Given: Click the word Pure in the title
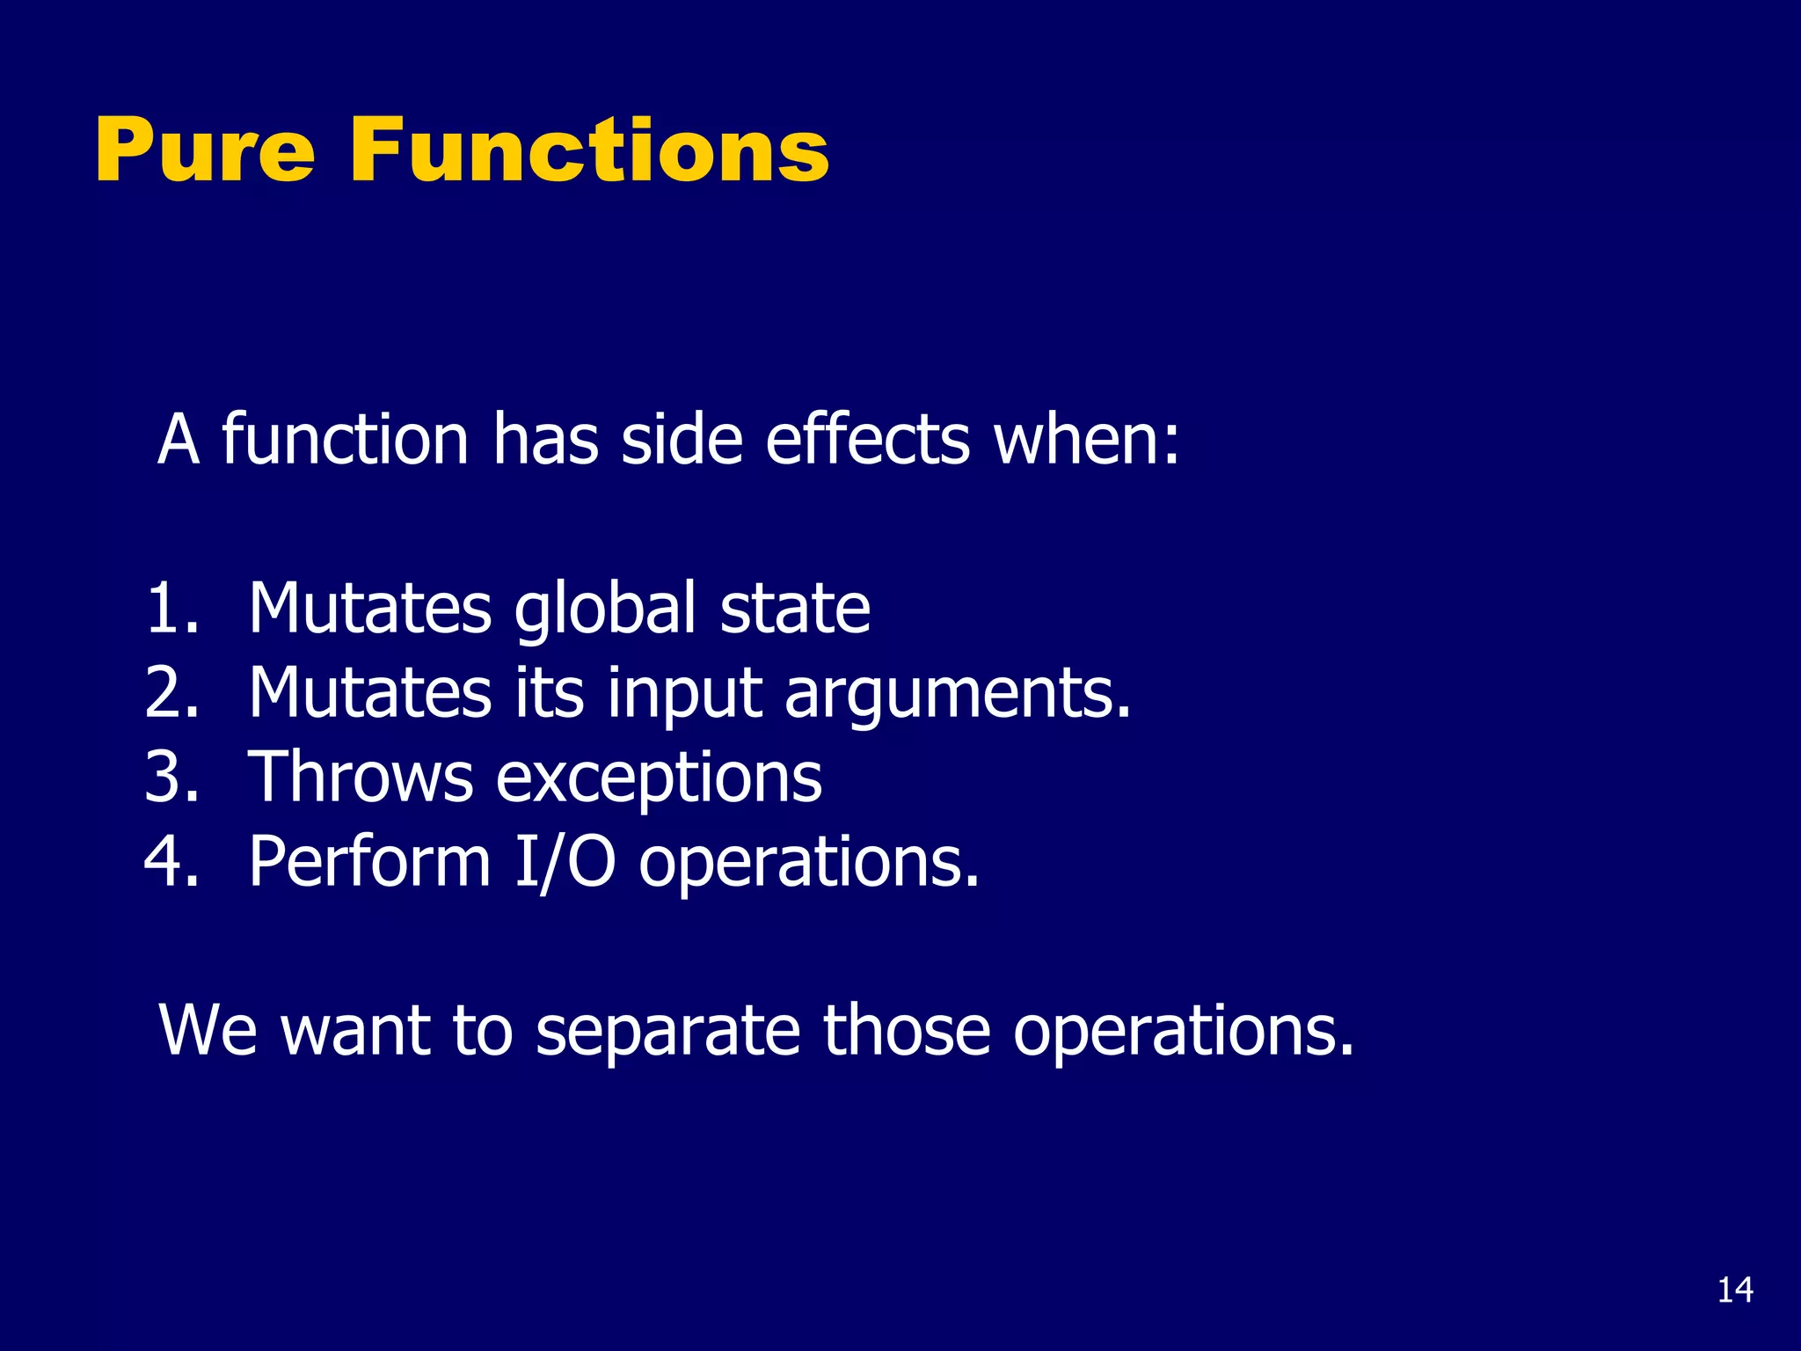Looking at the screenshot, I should (204, 151).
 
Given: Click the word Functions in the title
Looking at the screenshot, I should (588, 151).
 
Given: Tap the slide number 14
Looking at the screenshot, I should (1734, 1290).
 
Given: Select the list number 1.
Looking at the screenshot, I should (171, 609).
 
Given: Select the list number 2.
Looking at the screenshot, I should (171, 693).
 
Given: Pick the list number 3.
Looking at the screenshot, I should (171, 778).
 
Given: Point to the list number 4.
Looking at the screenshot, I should (171, 862).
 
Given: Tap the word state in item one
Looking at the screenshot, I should (795, 609).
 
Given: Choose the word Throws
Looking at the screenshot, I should (361, 778).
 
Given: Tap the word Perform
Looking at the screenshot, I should (369, 862).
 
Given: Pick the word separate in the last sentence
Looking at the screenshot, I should (668, 1031).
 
